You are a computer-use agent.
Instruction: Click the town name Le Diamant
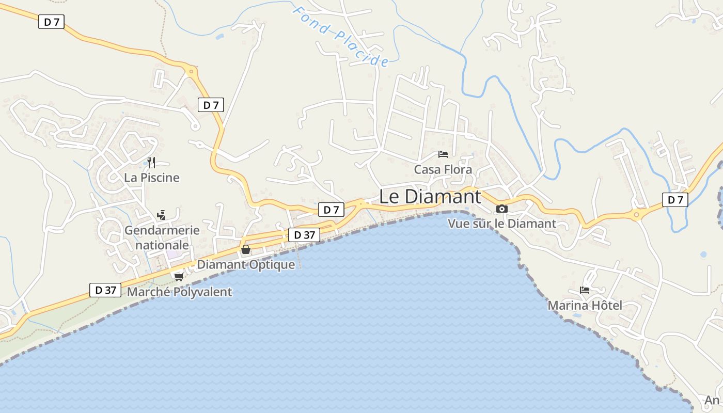point(430,197)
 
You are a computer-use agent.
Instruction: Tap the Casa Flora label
point(443,169)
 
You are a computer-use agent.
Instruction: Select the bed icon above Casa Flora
point(443,154)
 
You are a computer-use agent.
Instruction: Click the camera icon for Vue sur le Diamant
point(501,209)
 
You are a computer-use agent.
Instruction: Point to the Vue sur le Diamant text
point(501,224)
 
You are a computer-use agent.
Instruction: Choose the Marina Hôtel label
point(585,305)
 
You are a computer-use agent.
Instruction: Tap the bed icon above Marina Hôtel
point(585,290)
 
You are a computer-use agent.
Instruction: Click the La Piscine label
point(151,178)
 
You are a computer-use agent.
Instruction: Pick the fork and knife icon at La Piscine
point(151,163)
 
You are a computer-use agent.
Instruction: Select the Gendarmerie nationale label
point(162,237)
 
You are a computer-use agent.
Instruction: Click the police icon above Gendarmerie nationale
point(162,215)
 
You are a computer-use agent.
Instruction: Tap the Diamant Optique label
point(246,265)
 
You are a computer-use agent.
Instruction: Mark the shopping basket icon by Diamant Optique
point(246,250)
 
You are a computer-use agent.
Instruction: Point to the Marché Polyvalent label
point(179,292)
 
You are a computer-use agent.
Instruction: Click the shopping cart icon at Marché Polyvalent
point(179,277)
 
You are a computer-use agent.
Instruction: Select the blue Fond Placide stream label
point(340,36)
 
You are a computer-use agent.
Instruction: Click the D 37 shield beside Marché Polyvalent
point(105,290)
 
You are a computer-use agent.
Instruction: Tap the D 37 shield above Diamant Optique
point(304,235)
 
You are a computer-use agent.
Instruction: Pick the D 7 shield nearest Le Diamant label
point(331,210)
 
